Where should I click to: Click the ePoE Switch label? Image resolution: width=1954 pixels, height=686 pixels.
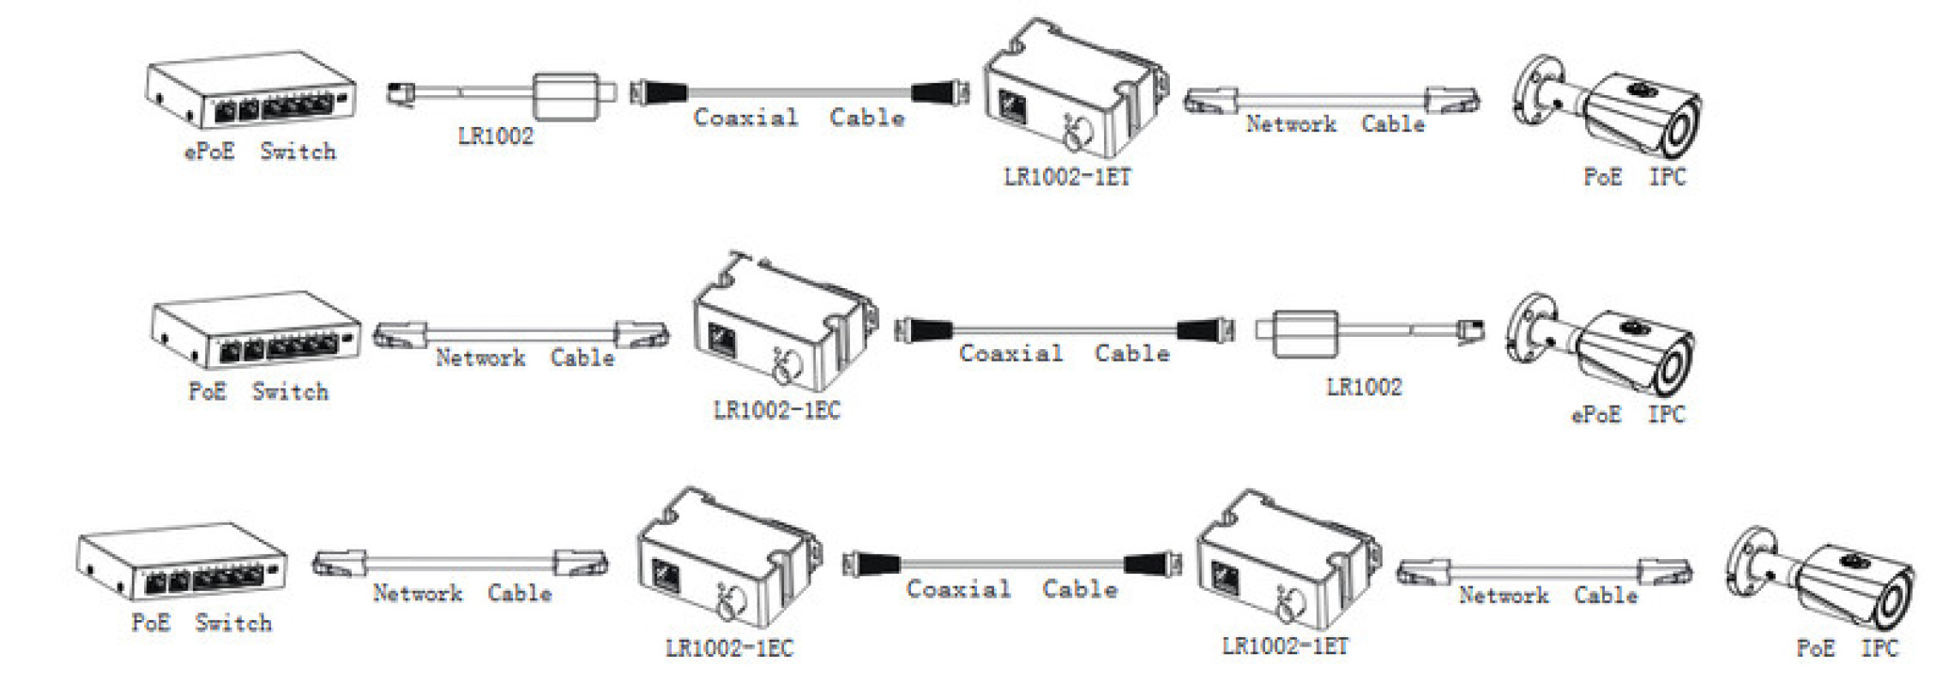(260, 152)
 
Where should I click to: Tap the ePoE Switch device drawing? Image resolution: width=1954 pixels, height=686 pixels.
(250, 89)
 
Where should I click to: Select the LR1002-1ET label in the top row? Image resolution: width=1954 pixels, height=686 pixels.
(1067, 177)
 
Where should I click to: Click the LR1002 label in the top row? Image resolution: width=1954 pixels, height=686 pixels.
(495, 135)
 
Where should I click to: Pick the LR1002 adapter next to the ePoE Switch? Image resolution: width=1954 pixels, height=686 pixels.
(502, 95)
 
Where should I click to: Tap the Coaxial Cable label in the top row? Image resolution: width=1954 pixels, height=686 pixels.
(799, 117)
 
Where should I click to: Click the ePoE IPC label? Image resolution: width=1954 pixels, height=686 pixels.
(1627, 414)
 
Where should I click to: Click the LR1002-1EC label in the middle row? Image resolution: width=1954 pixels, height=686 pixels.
(776, 410)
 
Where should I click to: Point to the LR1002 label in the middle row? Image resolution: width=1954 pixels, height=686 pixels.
(1364, 387)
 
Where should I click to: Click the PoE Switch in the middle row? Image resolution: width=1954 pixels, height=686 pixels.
(256, 329)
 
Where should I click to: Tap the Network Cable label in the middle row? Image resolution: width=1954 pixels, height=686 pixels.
(524, 357)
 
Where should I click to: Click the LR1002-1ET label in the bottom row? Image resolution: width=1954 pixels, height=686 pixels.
(1285, 645)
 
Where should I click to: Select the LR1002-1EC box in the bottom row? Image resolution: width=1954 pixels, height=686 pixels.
(729, 557)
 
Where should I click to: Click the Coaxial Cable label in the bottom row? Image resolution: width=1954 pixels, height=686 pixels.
(1012, 588)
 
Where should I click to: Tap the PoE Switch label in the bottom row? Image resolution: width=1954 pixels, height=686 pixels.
(201, 623)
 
